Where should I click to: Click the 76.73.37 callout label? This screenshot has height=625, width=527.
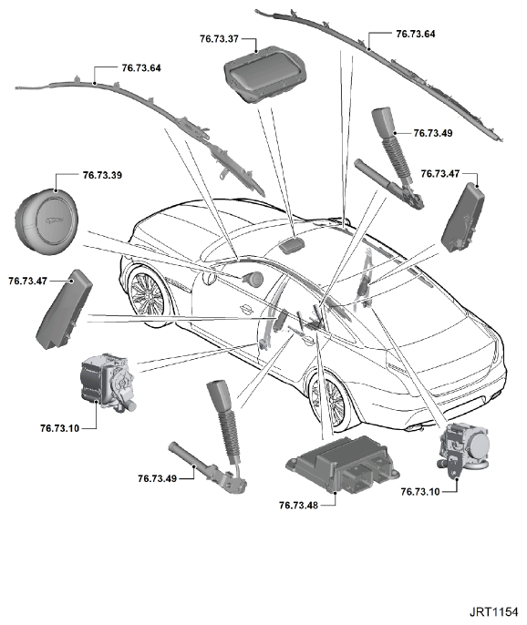219,38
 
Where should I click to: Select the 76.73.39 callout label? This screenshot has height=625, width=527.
102,175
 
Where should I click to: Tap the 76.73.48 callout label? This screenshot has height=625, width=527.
298,505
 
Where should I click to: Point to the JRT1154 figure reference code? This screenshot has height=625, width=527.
493,612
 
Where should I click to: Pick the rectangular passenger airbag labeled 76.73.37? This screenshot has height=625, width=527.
265,73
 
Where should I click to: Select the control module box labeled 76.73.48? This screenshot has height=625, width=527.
342,463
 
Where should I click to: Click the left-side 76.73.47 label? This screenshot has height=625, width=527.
28,281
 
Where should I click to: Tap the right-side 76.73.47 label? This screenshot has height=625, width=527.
440,173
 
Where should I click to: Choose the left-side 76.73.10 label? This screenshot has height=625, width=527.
60,428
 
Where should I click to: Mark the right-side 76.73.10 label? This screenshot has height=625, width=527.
420,491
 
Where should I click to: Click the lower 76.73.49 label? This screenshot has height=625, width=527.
157,478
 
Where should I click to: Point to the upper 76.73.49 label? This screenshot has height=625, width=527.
433,133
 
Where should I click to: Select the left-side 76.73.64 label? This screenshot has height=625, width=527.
141,67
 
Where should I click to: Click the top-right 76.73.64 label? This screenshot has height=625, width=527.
415,34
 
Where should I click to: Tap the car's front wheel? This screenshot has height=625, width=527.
146,293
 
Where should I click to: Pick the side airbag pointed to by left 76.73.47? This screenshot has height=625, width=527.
64,310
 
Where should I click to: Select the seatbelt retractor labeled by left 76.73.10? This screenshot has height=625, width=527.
107,383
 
